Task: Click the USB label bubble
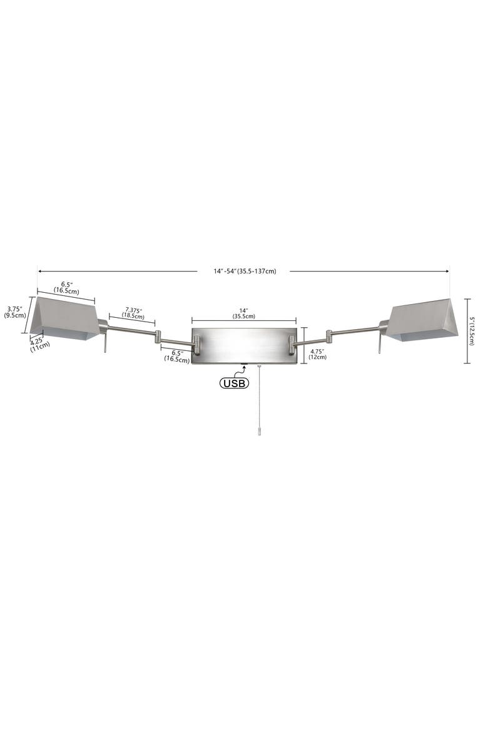click(x=234, y=384)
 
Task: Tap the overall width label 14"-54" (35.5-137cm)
click(x=245, y=272)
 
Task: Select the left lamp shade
click(x=66, y=318)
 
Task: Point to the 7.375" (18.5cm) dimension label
click(x=133, y=313)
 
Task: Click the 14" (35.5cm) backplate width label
click(x=244, y=313)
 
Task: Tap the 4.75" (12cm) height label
click(x=318, y=354)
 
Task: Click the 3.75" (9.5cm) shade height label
click(x=14, y=312)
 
